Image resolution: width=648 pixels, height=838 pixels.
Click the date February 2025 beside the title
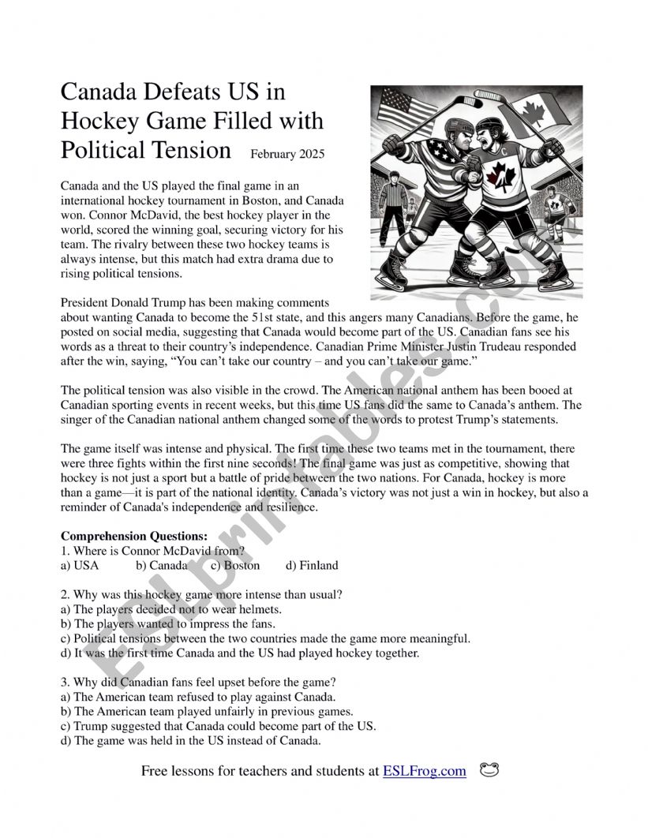[x=287, y=154]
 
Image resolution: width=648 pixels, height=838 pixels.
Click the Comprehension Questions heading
[x=134, y=536]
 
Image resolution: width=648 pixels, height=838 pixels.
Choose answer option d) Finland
[x=312, y=565]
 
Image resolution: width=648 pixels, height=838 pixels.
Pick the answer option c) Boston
[x=235, y=565]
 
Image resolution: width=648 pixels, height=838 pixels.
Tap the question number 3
[x=64, y=682]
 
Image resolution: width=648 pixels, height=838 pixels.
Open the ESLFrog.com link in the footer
[x=425, y=771]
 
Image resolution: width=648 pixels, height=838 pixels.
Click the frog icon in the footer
[x=489, y=770]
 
